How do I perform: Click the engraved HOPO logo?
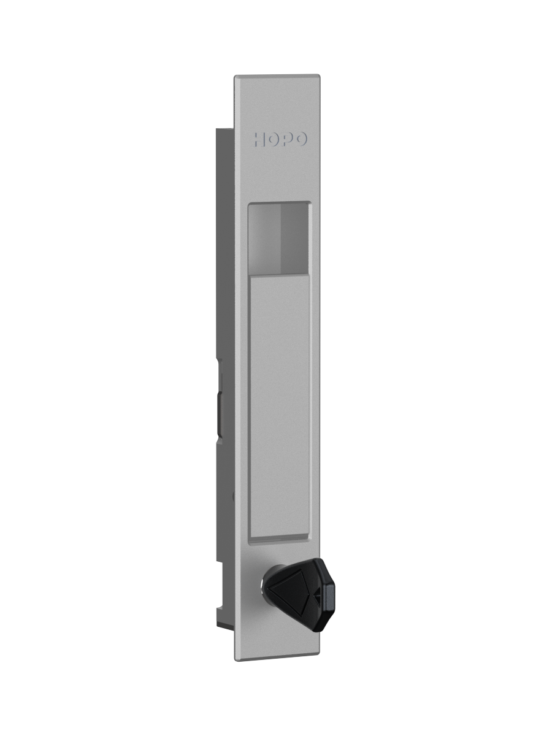(280, 139)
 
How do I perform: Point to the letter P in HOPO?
(287, 139)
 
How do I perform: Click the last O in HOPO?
(301, 139)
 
